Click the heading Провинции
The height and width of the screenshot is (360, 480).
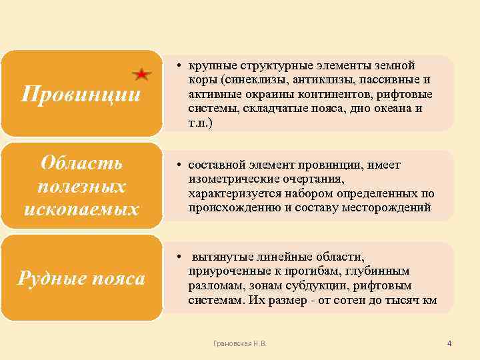[81, 94]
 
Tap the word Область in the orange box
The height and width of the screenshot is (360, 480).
[81, 163]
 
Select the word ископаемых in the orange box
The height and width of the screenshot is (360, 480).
[81, 209]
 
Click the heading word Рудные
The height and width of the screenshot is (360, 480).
[49, 277]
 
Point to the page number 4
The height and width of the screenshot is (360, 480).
[449, 343]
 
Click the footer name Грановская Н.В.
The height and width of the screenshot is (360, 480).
[239, 343]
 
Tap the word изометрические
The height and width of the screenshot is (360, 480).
[231, 179]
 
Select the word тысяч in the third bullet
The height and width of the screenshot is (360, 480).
[400, 300]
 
